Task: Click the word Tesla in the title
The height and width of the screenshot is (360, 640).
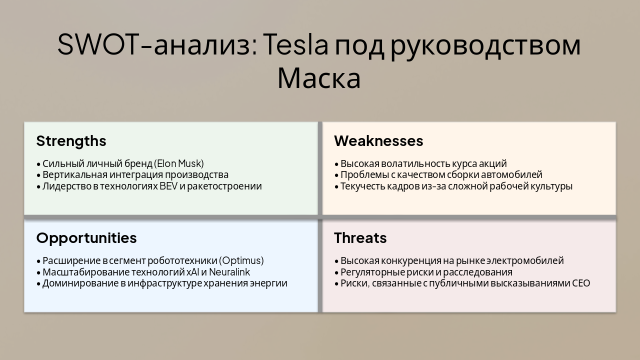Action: click(x=295, y=45)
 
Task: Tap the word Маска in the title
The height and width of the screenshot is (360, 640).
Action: click(x=318, y=78)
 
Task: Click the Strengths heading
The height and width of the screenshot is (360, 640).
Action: click(x=71, y=141)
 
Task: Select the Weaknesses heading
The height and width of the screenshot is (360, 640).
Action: click(x=378, y=141)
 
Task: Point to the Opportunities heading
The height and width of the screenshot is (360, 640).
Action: click(x=86, y=238)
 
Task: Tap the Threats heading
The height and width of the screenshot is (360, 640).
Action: click(x=360, y=238)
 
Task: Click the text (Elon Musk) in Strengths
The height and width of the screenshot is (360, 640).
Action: click(x=179, y=163)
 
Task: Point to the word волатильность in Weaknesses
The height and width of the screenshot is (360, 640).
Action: click(x=417, y=163)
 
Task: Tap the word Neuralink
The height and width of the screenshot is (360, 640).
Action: click(x=229, y=272)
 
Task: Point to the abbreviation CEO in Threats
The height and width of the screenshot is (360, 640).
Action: click(x=580, y=283)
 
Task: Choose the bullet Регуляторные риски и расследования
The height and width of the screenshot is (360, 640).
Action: click(x=426, y=272)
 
